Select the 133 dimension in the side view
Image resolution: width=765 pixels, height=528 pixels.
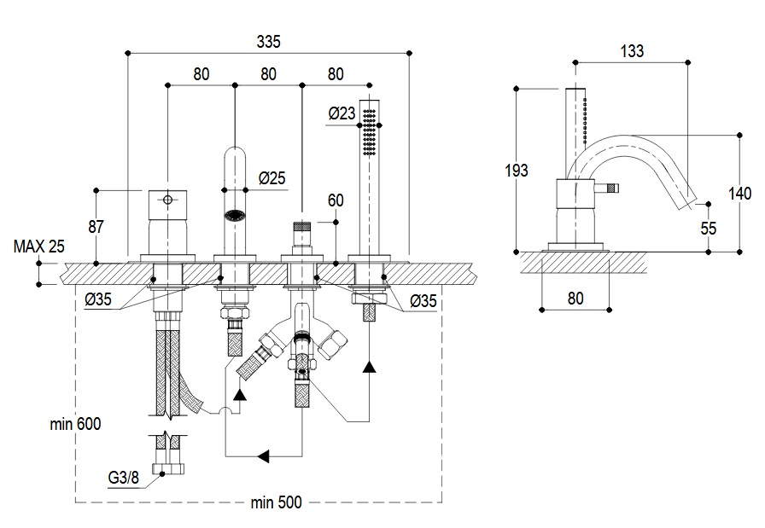(x=632, y=51)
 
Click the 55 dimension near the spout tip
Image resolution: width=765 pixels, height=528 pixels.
(x=709, y=228)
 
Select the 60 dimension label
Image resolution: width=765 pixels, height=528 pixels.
(x=336, y=200)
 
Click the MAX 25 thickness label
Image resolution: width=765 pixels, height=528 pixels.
(x=39, y=247)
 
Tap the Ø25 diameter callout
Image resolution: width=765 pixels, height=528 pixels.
(x=272, y=178)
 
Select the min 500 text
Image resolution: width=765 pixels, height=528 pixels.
(x=276, y=502)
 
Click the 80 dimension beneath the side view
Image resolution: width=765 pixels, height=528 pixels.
(x=575, y=299)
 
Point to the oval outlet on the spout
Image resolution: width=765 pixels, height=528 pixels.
(x=234, y=216)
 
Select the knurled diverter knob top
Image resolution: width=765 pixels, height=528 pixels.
(x=301, y=228)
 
